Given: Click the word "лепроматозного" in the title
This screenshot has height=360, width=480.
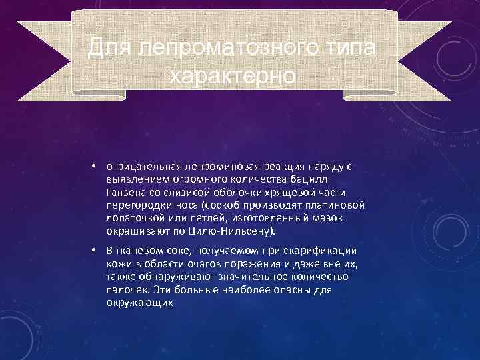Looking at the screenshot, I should point(227,47).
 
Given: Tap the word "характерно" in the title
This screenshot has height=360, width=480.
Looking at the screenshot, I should point(231,75).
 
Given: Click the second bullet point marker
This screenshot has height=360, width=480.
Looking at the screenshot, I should point(96,250).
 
